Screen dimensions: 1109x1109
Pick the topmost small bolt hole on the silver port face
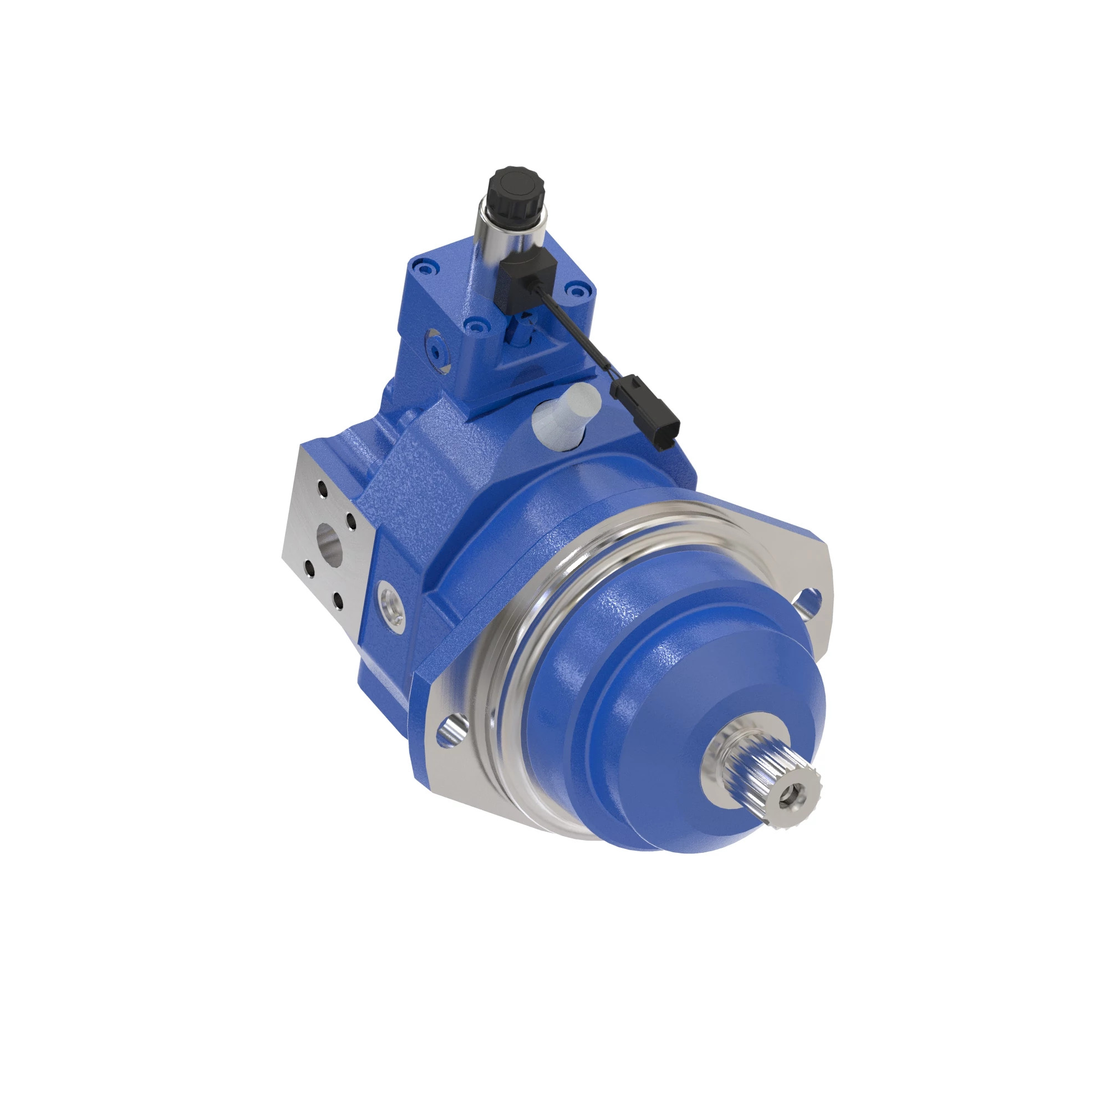(322, 491)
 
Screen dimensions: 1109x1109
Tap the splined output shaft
(764, 778)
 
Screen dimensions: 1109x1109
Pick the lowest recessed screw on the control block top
(475, 327)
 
